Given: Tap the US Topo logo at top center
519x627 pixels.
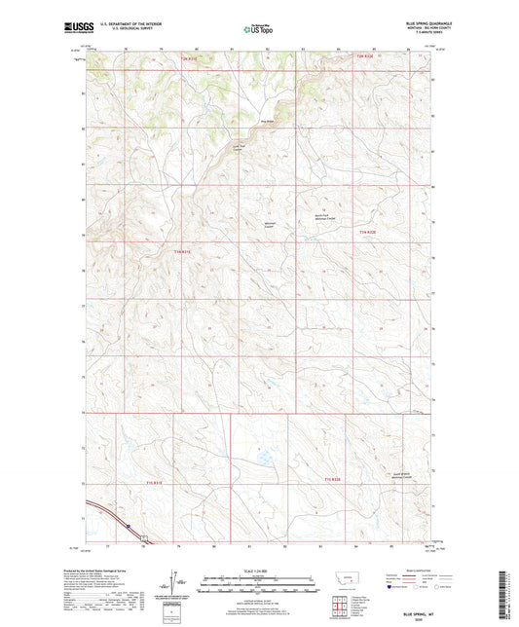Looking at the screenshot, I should coord(257,29).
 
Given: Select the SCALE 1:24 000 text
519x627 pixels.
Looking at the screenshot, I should coord(259,571).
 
